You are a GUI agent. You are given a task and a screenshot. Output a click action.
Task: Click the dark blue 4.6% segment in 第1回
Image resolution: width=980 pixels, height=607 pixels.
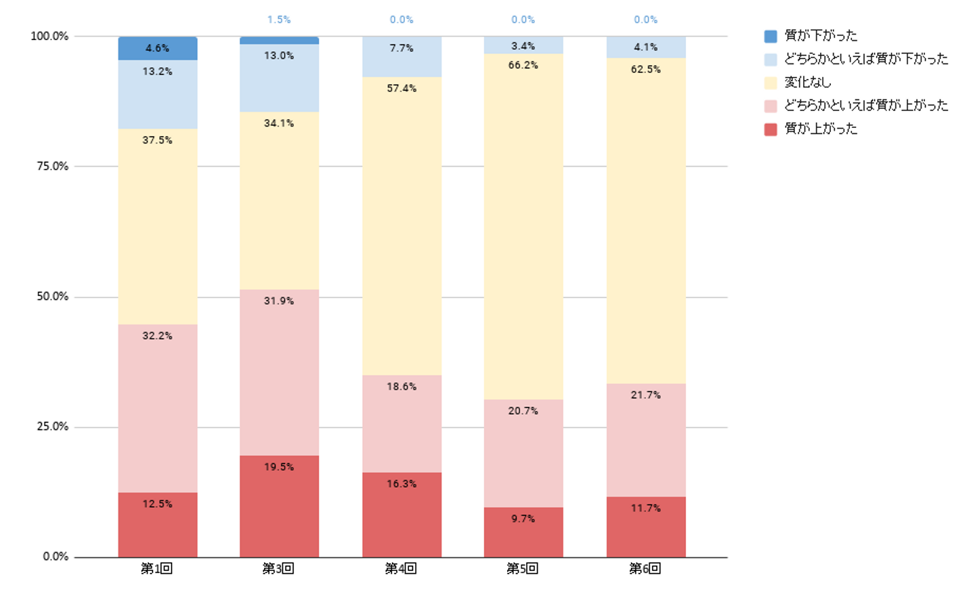[157, 48]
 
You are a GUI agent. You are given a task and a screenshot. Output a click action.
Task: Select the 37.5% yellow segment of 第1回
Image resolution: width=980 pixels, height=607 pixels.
[157, 227]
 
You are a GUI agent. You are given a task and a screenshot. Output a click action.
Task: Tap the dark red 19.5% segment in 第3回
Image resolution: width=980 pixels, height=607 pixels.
[279, 506]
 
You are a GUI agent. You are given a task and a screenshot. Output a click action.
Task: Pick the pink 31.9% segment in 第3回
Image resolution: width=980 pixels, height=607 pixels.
[279, 372]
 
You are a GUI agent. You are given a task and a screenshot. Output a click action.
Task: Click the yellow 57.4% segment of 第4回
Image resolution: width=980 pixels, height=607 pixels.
[402, 226]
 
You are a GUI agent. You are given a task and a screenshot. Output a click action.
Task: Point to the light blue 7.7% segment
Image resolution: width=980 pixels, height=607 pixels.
[402, 56]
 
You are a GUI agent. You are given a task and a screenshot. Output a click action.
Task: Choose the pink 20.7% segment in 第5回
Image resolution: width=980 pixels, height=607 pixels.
[523, 453]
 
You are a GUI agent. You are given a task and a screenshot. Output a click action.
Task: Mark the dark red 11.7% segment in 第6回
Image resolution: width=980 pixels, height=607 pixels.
[646, 527]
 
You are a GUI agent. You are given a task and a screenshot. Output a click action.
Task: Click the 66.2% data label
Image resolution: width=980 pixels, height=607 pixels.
[523, 65]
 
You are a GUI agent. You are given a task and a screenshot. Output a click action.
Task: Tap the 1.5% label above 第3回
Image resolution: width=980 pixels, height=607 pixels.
[279, 20]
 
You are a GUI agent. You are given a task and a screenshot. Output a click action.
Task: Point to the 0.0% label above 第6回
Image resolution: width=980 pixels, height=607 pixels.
[646, 20]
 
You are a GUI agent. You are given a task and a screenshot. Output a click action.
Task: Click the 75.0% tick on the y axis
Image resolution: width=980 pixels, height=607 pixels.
[52, 166]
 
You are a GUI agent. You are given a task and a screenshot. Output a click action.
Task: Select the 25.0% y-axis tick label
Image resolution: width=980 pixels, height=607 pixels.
[52, 427]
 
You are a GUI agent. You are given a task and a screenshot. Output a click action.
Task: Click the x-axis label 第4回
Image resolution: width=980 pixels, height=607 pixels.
[401, 568]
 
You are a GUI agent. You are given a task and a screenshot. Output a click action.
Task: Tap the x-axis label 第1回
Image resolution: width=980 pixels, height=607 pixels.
[157, 568]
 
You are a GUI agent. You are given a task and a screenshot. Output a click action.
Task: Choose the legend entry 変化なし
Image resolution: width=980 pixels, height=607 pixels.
[808, 82]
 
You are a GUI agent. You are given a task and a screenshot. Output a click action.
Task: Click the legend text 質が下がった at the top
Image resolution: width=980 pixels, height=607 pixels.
[821, 35]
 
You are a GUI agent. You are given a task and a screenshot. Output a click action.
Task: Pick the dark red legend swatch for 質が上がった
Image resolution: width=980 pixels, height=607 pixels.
[770, 129]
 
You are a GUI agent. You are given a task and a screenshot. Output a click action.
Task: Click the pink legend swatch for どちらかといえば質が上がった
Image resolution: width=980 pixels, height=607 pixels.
[770, 106]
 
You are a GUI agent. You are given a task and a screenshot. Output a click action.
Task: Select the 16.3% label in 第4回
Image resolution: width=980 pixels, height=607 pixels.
[402, 484]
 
